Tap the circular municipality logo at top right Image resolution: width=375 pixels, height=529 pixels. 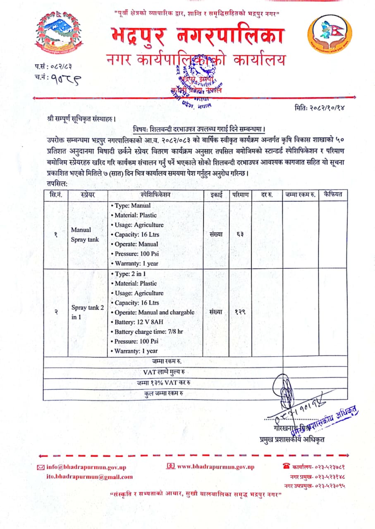coord(330,34)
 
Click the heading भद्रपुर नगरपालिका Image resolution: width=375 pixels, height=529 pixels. coord(197,37)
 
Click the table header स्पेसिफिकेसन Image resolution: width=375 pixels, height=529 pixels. coord(155,195)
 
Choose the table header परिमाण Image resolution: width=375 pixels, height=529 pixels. coord(240,195)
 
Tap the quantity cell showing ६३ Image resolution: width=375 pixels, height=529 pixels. coord(240,234)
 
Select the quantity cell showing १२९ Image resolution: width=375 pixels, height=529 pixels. coord(240,312)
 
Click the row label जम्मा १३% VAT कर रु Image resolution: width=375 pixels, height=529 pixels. coord(164,383)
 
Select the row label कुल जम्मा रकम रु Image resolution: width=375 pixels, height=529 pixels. coord(164,393)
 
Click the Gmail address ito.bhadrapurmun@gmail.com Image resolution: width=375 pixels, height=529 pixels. coord(89,476)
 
